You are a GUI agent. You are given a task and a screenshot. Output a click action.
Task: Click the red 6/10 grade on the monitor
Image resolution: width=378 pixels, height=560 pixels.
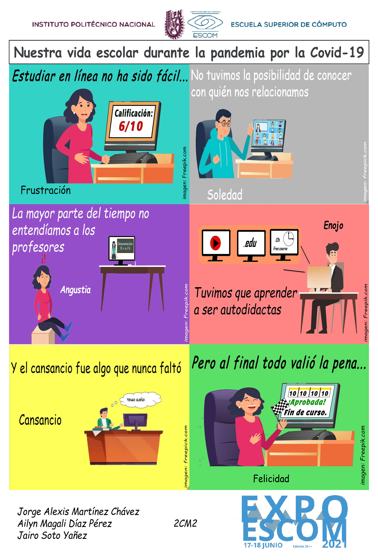point(131,127)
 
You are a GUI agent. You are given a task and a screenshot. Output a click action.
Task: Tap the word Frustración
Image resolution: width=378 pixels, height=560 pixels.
point(46,190)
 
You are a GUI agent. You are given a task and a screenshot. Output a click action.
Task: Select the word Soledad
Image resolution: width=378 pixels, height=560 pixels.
point(225,195)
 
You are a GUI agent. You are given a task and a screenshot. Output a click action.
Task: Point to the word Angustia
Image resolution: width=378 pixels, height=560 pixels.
point(75,290)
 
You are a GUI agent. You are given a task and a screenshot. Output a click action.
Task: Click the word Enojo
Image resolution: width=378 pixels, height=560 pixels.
point(333,226)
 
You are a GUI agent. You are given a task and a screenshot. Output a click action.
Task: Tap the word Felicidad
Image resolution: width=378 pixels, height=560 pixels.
point(271,479)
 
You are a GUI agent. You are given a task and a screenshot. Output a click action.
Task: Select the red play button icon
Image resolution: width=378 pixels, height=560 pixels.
point(215,243)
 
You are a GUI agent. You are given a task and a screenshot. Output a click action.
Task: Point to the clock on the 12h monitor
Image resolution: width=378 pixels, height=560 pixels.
point(289,239)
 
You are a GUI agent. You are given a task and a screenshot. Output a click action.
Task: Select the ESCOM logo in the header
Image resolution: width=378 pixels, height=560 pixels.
point(205,24)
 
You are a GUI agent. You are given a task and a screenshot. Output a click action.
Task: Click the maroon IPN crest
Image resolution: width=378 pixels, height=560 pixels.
point(174,24)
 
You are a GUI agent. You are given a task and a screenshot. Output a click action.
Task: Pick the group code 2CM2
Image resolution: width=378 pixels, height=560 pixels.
point(185,523)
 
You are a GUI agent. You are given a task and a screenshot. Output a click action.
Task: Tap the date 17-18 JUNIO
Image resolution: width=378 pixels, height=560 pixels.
point(263,545)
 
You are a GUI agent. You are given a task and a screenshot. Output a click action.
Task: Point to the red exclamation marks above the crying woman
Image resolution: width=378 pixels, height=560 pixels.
point(44,259)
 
